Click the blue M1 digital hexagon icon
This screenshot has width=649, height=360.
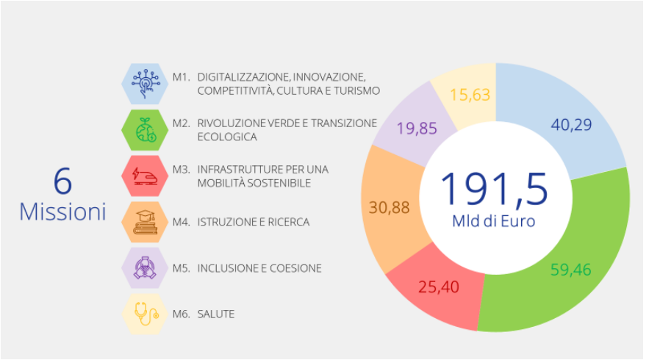[x=145, y=82]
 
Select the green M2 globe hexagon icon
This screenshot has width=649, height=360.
[x=145, y=129]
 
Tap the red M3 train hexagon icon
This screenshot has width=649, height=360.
[x=145, y=176]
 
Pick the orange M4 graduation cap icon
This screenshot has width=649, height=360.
[x=145, y=221]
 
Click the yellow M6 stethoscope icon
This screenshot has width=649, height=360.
[x=145, y=314]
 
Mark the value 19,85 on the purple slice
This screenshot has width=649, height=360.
[x=416, y=129]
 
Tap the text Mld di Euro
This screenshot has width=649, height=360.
[x=494, y=221]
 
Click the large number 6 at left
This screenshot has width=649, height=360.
[x=62, y=181]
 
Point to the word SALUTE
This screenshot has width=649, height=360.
[x=216, y=314]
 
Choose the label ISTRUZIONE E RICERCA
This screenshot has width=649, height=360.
[x=253, y=222]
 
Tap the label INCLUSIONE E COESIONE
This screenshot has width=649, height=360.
[x=259, y=268]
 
